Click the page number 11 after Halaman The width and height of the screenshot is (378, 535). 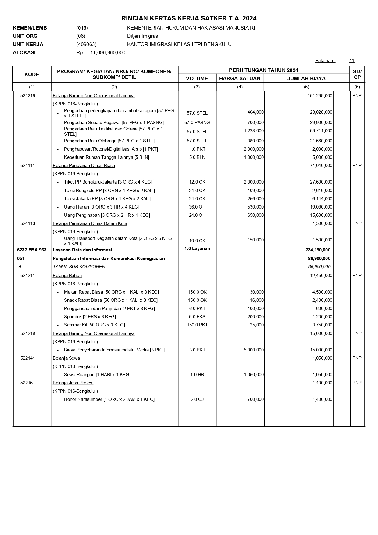click(352, 61)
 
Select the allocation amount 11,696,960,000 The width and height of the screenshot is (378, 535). click(108, 52)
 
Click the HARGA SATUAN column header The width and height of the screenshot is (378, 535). click(240, 78)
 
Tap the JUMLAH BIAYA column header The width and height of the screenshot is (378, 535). click(306, 78)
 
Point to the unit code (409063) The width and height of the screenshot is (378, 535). click(86, 44)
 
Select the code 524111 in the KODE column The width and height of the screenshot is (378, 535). click(28, 166)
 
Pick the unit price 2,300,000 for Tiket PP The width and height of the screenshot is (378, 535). click(254, 182)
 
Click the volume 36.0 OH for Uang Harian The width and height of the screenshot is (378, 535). click(197, 207)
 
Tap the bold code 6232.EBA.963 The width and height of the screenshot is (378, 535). click(32, 250)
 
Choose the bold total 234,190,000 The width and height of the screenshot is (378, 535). click(318, 250)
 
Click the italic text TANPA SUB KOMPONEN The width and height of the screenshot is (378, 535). click(79, 267)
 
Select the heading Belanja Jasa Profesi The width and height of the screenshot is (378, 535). click(73, 383)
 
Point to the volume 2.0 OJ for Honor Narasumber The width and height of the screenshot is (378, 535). click(197, 399)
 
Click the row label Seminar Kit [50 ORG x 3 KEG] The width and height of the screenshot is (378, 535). click(94, 325)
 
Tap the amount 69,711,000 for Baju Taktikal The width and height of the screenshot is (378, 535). click(321, 131)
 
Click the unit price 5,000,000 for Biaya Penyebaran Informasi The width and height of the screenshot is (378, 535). click(254, 350)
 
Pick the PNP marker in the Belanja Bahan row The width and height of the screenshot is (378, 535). click(357, 276)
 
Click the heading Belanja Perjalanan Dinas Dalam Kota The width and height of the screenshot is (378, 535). click(90, 223)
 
